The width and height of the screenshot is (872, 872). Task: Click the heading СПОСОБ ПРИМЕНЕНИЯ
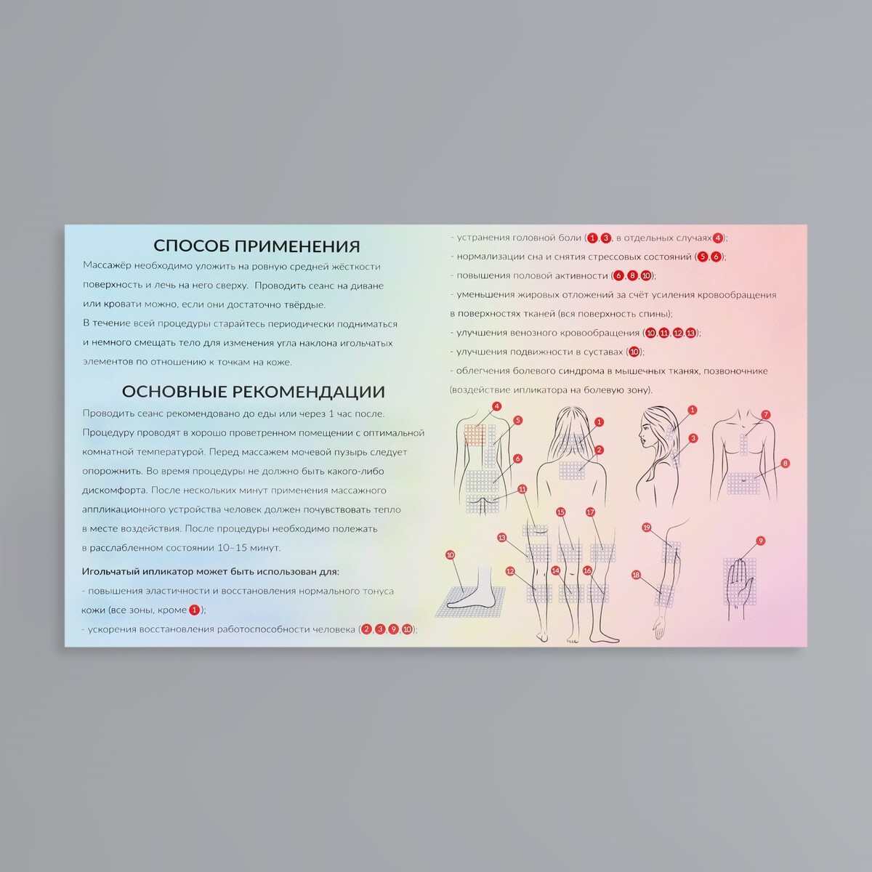click(257, 246)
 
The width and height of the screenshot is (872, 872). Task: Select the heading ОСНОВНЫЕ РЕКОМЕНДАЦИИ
click(254, 392)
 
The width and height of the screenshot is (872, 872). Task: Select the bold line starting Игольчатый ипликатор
click(211, 572)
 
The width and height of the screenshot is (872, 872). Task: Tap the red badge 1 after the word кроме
click(194, 610)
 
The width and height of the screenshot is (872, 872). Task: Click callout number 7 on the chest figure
click(765, 414)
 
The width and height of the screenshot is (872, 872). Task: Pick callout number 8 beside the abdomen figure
click(785, 463)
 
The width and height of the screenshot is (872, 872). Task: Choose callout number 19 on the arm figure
click(647, 528)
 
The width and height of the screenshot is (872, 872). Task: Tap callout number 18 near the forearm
click(637, 575)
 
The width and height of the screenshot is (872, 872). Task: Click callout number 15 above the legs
click(561, 512)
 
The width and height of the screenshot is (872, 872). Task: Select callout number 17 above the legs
click(591, 512)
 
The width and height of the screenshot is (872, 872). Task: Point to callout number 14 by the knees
click(556, 571)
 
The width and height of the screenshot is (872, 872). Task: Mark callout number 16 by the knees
click(587, 571)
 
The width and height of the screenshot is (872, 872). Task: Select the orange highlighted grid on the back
click(475, 435)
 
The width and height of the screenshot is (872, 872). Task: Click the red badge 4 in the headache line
click(718, 238)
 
